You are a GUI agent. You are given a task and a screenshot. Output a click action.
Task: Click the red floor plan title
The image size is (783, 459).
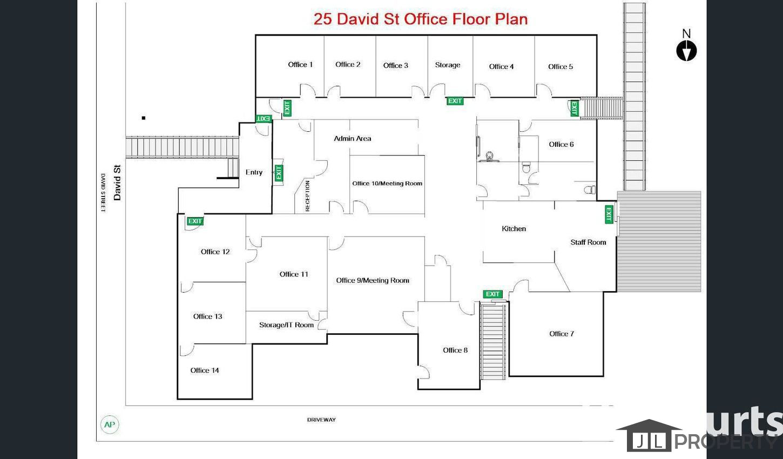tap(421, 19)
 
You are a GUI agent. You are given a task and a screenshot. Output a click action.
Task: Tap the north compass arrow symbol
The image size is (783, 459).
tap(686, 51)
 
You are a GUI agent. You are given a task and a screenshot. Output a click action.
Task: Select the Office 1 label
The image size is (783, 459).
tap(300, 64)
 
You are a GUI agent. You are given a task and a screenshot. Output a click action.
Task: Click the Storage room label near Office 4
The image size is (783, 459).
tap(448, 65)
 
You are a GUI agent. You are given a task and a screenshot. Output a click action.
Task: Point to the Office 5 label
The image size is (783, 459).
tap(561, 66)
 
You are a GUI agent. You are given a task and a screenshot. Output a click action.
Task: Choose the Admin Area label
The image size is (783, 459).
tap(352, 138)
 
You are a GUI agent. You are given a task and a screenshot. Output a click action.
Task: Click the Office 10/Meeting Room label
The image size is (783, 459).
tap(387, 184)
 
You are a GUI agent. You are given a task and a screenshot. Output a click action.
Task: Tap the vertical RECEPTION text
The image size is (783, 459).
tap(307, 196)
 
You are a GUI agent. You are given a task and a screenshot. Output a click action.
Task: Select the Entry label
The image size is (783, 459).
tap(254, 172)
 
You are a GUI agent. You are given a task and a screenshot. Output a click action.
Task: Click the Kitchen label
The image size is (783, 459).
tap(514, 228)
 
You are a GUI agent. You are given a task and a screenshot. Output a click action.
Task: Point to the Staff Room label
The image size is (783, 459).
tap(588, 242)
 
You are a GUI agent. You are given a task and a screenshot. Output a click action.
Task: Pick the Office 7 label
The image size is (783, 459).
tap(562, 334)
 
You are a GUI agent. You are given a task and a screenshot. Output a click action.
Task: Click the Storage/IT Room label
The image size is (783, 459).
tap(286, 325)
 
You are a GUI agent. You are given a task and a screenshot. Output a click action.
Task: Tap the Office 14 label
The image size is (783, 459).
tap(205, 370)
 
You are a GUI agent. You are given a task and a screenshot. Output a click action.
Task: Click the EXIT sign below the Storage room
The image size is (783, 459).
tap(455, 101)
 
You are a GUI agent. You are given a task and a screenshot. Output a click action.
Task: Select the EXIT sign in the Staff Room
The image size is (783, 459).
tap(609, 214)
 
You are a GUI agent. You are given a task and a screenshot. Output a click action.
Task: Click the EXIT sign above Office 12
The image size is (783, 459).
tap(195, 221)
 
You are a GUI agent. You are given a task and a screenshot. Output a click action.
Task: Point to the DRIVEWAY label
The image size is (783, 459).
tap(321, 420)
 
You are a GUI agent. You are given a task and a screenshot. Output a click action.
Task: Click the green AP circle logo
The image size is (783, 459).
tap(110, 424)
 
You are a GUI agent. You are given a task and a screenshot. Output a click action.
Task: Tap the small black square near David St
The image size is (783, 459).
tap(143, 118)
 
